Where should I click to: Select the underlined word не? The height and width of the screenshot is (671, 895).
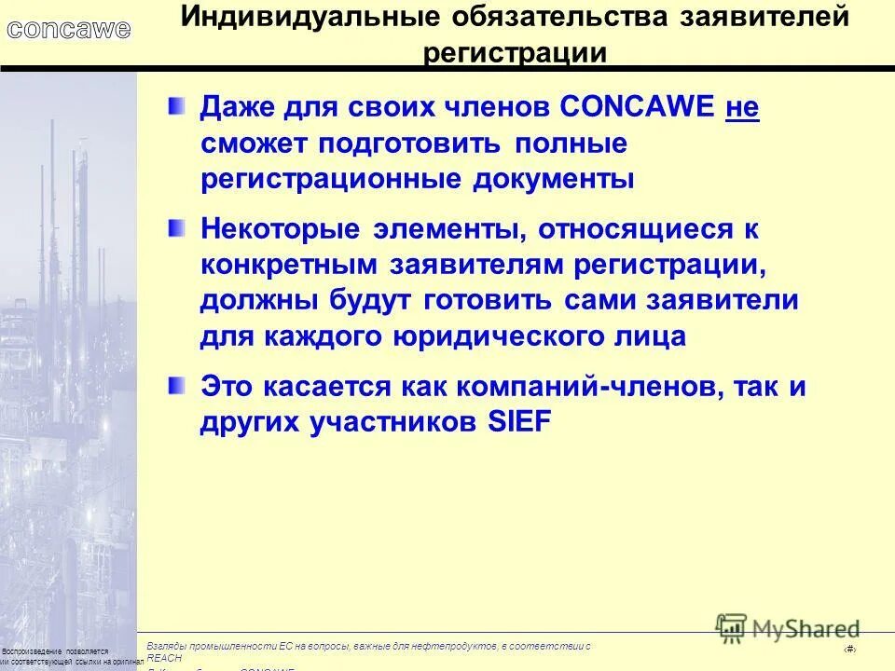(742, 109)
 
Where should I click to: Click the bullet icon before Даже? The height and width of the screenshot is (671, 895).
(176, 107)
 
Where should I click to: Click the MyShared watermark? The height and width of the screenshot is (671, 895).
(788, 628)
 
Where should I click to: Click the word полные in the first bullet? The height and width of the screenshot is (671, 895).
(568, 144)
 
